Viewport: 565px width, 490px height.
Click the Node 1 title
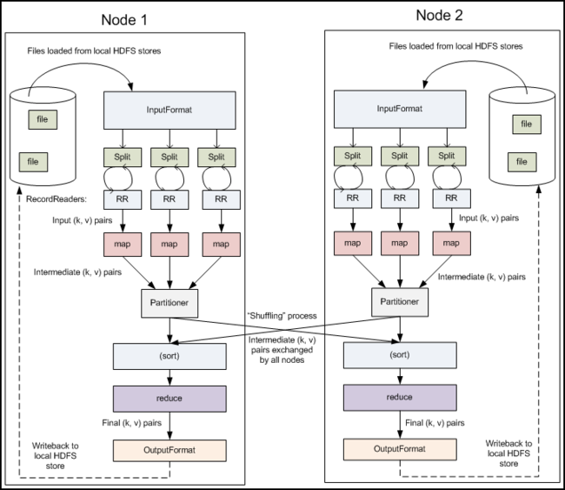pos(124,20)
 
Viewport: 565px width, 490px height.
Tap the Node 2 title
pos(439,15)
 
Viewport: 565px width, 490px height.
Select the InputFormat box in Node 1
pos(169,110)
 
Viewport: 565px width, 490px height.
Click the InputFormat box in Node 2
pos(400,109)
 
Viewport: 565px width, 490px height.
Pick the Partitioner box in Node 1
pos(169,303)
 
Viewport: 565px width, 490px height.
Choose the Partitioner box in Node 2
pos(400,302)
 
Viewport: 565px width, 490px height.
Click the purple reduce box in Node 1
pos(169,399)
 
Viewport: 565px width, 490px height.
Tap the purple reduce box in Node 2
pos(400,398)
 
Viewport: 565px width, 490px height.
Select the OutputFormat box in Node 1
pos(169,450)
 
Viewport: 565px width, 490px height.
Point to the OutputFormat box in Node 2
pos(400,449)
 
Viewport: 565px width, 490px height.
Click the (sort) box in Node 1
pos(169,356)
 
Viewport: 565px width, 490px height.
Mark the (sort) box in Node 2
pos(400,355)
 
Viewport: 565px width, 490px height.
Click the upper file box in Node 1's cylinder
pos(43,119)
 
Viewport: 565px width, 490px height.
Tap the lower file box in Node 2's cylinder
pos(522,162)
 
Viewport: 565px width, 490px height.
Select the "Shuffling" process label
pos(282,316)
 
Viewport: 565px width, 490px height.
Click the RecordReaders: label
pos(56,199)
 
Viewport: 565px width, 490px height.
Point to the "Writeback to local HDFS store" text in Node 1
pos(55,456)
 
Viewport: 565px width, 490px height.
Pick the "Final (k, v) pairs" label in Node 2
pos(435,423)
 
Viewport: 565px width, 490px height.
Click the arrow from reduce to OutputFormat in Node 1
pos(169,426)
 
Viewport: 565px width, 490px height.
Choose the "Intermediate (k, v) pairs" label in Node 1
pos(77,272)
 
